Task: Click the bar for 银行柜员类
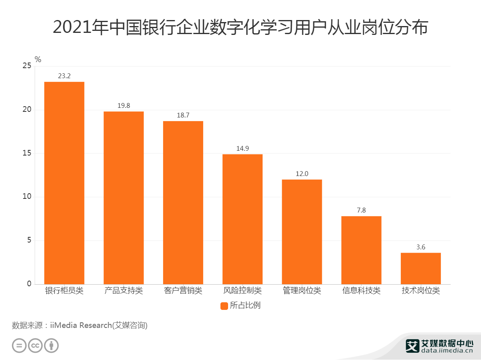point(64,183)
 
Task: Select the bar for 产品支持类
point(123,198)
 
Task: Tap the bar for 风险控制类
point(243,219)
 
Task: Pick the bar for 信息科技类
point(361,250)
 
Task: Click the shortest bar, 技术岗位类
point(420,268)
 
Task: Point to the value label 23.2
point(64,76)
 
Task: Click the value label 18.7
point(183,115)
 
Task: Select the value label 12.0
point(302,174)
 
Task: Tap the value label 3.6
point(420,247)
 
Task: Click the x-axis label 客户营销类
point(183,291)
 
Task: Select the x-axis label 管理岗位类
point(302,291)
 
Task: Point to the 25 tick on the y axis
point(27,66)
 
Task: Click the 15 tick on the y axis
point(27,153)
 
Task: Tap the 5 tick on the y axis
point(29,241)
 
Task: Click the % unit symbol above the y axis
point(38,60)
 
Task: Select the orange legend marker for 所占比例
point(224,306)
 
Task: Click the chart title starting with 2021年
point(240,28)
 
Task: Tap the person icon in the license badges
point(51,346)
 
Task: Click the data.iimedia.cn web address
point(447,351)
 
